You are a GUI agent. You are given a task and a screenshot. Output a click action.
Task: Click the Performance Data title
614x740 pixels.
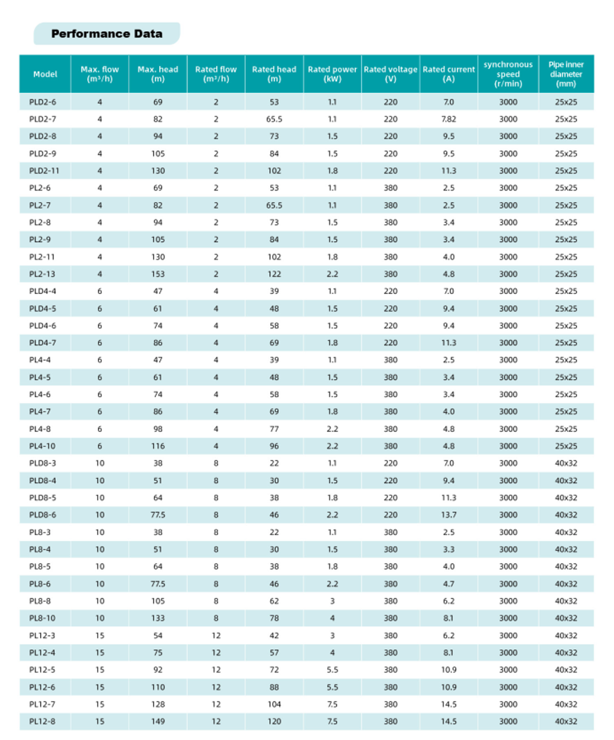(107, 34)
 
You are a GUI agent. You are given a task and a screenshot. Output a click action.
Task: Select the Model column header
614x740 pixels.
(45, 74)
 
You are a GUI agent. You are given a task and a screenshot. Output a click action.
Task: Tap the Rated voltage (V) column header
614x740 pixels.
(391, 74)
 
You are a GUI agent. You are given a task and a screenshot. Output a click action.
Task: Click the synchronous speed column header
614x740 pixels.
(508, 74)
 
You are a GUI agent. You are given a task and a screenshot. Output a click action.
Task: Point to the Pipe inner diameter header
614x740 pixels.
(565, 74)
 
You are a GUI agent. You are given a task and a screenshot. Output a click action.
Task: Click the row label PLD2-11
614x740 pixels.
(45, 170)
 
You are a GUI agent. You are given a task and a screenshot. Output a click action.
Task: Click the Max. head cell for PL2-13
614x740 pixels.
(158, 274)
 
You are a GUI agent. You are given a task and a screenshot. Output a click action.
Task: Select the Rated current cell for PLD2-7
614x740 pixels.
(448, 119)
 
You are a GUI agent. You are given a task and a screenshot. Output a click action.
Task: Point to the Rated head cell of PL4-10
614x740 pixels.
(274, 446)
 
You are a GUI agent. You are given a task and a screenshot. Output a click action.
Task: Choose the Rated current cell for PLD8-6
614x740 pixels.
(448, 514)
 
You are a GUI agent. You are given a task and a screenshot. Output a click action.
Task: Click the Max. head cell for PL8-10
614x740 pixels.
(158, 618)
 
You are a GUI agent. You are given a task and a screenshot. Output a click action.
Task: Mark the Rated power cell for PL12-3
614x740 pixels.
(332, 635)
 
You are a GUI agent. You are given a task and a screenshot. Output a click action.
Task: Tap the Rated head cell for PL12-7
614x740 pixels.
(274, 704)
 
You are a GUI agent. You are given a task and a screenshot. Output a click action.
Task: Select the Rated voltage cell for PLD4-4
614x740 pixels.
(391, 291)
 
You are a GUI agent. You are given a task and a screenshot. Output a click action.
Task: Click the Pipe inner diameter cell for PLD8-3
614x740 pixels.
(565, 463)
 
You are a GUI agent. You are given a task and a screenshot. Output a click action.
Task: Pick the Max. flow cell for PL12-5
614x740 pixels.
(99, 669)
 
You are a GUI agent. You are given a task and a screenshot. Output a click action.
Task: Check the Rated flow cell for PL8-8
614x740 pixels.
(216, 600)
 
